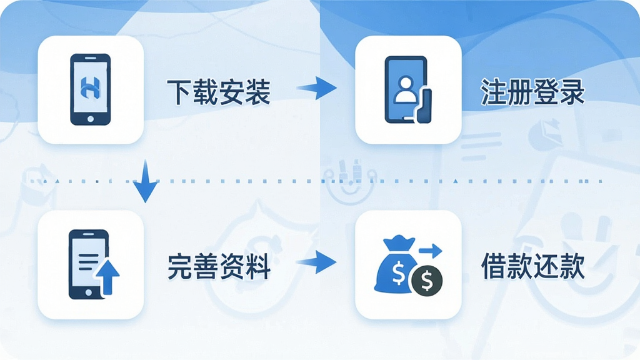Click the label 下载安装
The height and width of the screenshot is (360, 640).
[x=218, y=92]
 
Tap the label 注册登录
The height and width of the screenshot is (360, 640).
[x=532, y=92]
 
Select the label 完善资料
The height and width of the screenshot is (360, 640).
[x=218, y=266]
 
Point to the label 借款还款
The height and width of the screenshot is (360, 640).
[x=532, y=266]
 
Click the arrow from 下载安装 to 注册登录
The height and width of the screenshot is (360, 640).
[x=317, y=87]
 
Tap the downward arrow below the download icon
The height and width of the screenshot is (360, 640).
[x=145, y=181]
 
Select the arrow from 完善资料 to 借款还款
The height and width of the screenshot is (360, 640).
[x=317, y=262]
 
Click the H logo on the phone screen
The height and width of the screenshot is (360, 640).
[x=90, y=87]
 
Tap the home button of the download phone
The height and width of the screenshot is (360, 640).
[x=90, y=119]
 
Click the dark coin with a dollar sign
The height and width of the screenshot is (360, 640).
[x=427, y=280]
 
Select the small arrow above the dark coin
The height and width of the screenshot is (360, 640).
[x=430, y=250]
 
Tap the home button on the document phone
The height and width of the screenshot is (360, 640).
[x=89, y=292]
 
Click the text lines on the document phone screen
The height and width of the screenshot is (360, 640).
[x=88, y=262]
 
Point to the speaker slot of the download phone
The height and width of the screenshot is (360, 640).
[x=90, y=58]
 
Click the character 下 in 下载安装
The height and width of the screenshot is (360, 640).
[x=179, y=92]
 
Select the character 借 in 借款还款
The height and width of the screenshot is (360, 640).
[x=494, y=266]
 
